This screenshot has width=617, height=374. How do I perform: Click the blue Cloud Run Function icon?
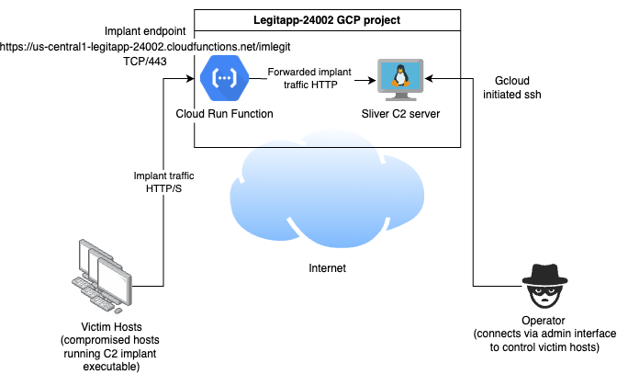[223, 79]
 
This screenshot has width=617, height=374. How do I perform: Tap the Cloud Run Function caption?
[224, 114]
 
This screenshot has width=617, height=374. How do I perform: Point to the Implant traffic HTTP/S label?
[164, 182]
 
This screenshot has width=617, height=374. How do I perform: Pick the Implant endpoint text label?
[146, 28]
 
